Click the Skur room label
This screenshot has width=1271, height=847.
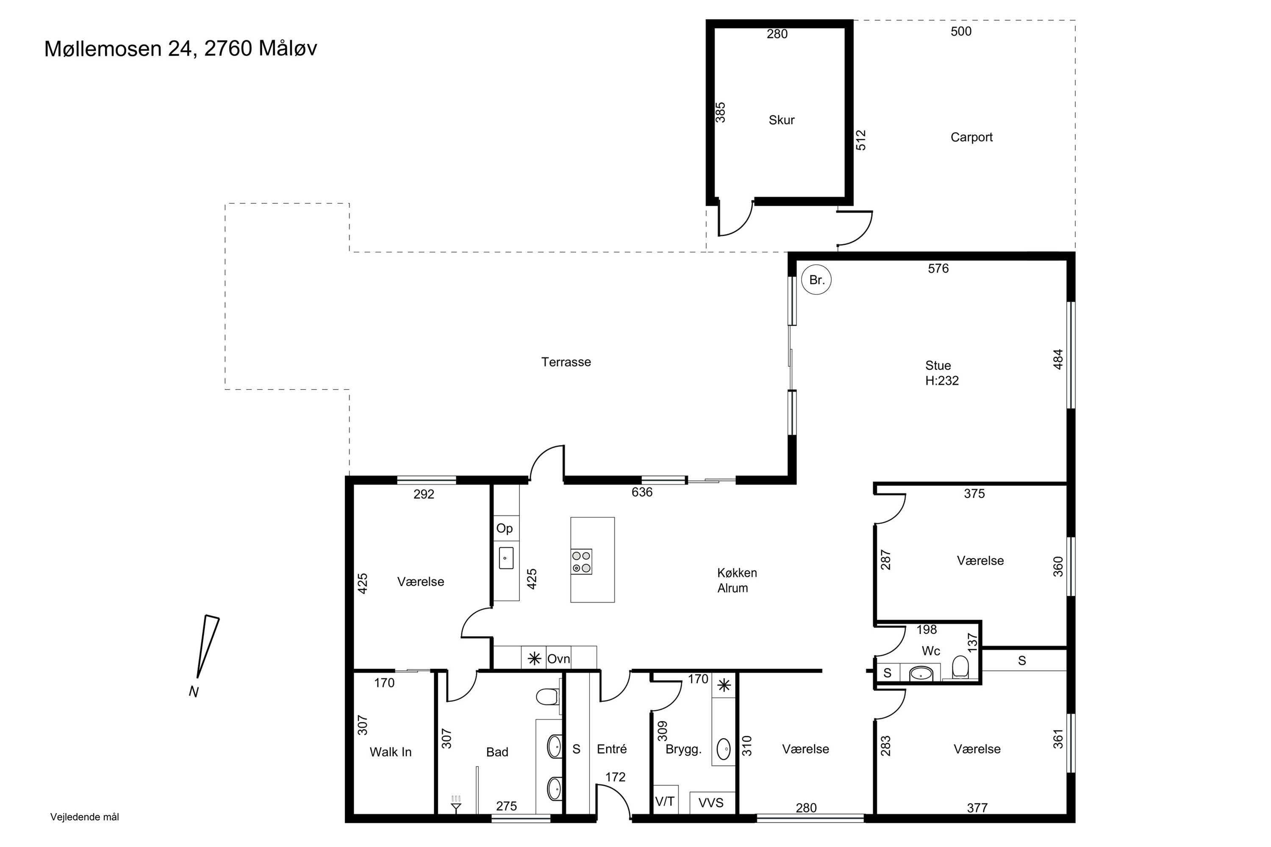pos(781,120)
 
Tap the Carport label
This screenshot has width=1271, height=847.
pos(971,137)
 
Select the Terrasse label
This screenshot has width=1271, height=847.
pos(566,362)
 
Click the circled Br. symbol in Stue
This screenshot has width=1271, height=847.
pos(816,280)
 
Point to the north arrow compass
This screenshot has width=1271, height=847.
pos(207,647)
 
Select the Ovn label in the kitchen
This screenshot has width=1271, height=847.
pos(558,659)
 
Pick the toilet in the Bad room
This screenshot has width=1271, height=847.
pos(547,697)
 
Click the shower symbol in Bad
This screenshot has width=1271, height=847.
pos(456,805)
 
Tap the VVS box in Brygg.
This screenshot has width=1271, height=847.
pos(711,803)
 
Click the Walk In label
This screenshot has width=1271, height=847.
pos(391,752)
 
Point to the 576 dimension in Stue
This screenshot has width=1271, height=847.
pos(938,268)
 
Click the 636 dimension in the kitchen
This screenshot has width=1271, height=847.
pos(642,492)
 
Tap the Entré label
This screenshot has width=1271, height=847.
pos(612,749)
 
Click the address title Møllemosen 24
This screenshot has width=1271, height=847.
pos(118,49)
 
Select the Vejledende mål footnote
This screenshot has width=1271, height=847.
pos(85,817)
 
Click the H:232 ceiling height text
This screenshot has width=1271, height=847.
pos(942,381)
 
